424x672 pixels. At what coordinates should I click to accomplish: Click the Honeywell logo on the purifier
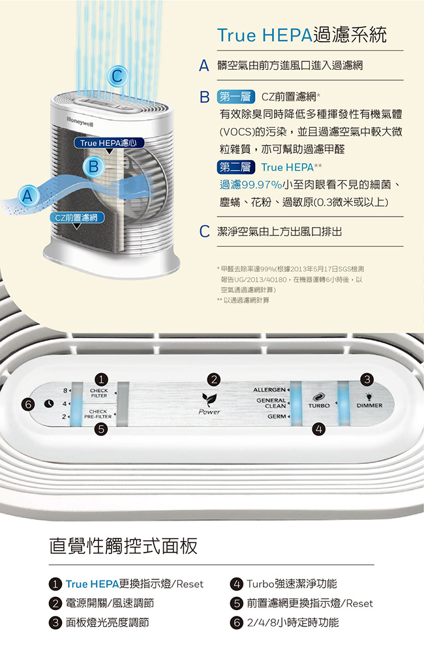tap(79, 121)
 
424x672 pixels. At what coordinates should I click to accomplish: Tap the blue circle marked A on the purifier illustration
tap(27, 196)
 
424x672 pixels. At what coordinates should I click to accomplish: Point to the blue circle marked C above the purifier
tap(118, 76)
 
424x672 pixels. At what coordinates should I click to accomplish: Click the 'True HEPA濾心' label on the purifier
tap(109, 143)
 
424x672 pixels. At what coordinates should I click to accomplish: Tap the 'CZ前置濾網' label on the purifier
tap(77, 217)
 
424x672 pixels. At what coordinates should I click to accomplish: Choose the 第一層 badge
tap(235, 97)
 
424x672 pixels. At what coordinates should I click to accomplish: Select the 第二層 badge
tap(235, 167)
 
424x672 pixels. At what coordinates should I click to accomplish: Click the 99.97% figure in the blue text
tap(262, 185)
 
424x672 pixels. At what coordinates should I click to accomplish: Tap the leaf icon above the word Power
tap(209, 399)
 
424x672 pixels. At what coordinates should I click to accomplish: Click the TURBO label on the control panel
tap(319, 405)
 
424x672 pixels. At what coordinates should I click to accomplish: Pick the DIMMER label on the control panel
tap(369, 405)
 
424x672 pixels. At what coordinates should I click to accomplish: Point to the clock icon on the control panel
tap(49, 404)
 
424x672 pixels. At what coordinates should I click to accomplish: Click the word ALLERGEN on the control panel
tap(269, 390)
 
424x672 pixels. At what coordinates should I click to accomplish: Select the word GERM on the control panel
tap(277, 416)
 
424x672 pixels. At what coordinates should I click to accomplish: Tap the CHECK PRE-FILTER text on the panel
tap(98, 414)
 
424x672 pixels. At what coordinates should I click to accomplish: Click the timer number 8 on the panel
tap(65, 391)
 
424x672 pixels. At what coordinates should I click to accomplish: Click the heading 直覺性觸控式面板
tap(123, 545)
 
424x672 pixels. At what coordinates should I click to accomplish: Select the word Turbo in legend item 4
tap(260, 584)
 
